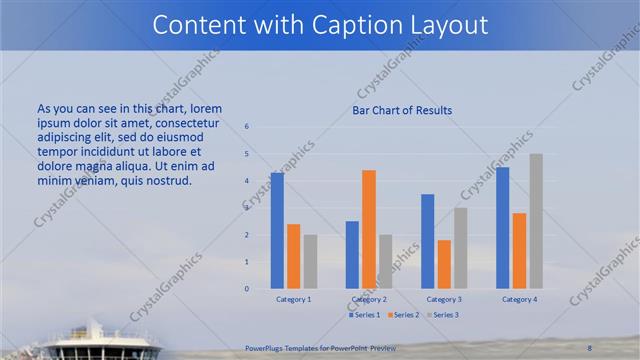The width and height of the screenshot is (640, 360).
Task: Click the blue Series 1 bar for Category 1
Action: tap(277, 231)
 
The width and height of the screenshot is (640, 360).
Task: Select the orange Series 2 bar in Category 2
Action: tap(369, 229)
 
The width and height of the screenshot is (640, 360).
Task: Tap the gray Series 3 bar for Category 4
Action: tap(536, 221)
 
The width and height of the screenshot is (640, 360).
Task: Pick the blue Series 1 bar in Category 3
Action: tap(428, 241)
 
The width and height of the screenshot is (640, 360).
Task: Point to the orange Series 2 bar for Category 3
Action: tap(444, 264)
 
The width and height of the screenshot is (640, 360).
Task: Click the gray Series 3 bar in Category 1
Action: tap(310, 262)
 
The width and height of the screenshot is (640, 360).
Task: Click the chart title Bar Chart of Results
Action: tap(402, 110)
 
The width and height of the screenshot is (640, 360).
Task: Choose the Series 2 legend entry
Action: tap(403, 315)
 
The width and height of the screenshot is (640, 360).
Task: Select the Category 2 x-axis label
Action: tap(369, 299)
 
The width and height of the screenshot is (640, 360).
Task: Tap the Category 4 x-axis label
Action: tap(519, 299)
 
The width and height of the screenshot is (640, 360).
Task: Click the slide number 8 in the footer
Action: tap(589, 346)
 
